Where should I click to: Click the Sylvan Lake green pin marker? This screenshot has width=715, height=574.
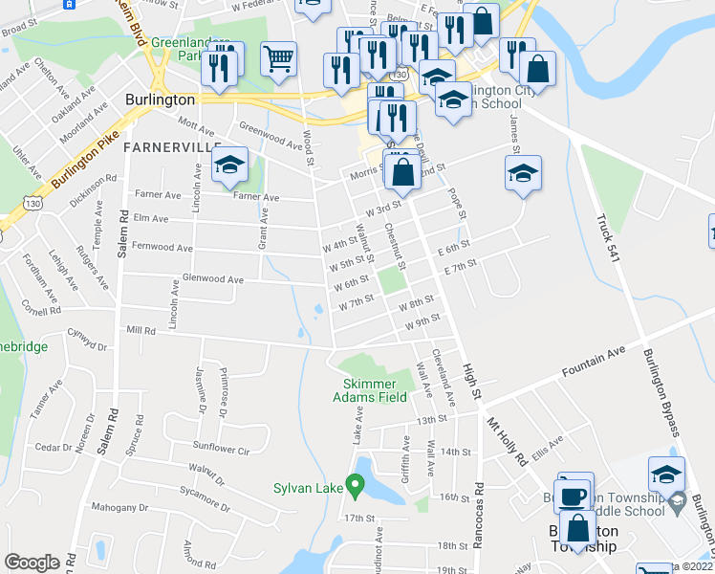coord(357,488)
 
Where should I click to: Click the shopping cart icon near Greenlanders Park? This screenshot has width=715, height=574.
coord(278,58)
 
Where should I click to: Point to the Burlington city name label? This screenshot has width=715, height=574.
coord(160,99)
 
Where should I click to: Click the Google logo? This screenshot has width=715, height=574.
coord(32,562)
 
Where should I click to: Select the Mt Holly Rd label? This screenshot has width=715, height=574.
coord(508,439)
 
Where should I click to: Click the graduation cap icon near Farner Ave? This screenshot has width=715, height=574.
coord(230,165)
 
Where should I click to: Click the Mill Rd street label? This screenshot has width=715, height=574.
coord(140,330)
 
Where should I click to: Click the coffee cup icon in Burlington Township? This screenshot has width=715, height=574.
coord(574,496)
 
